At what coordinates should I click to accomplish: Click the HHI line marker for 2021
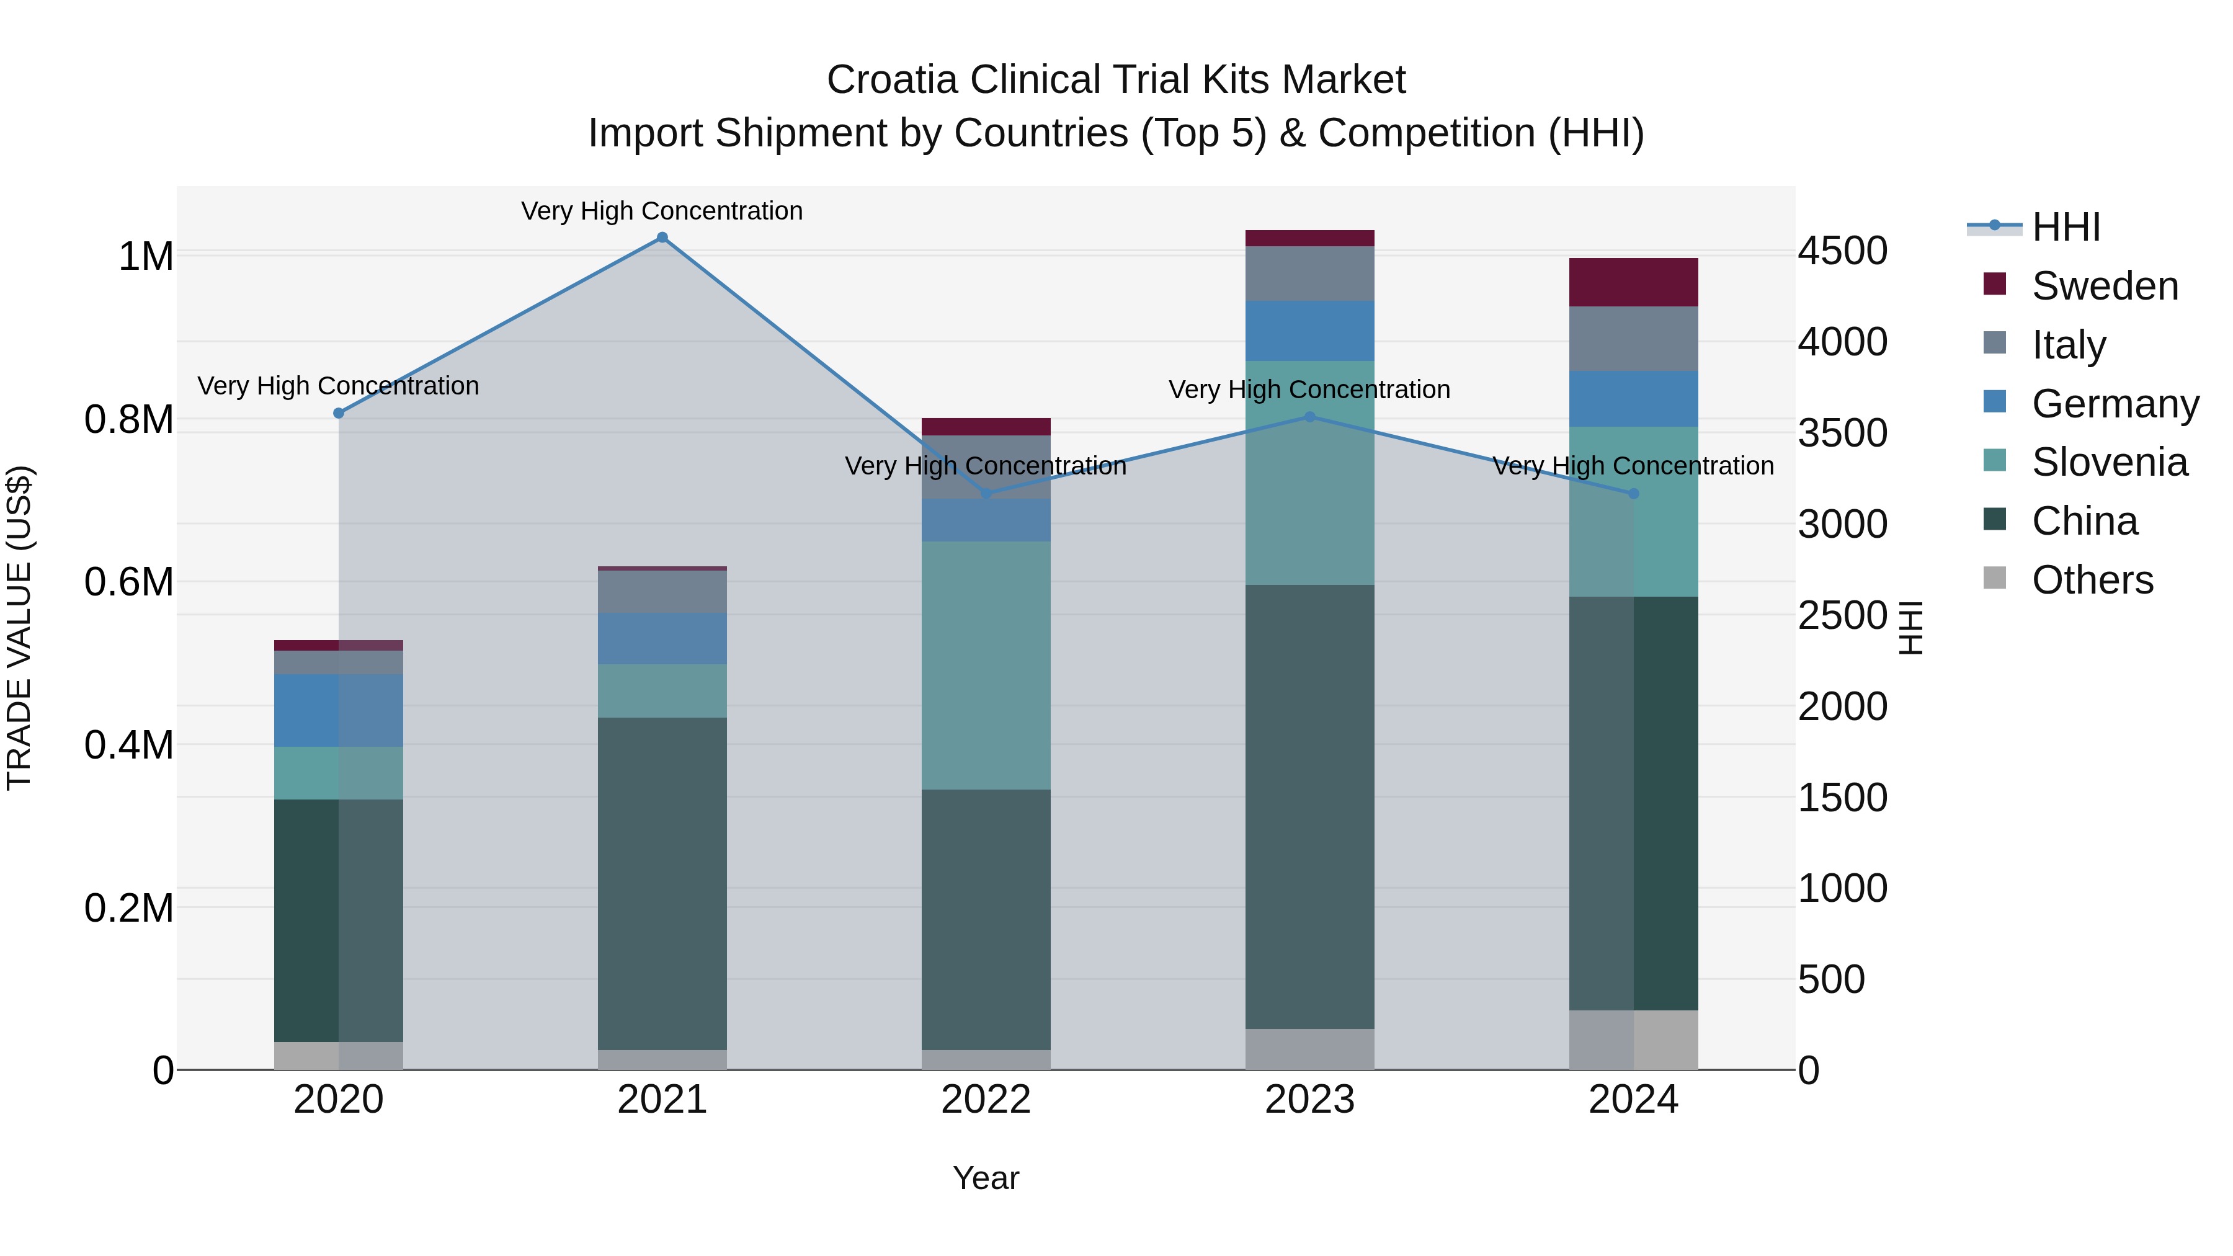tap(662, 238)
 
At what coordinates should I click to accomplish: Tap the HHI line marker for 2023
tap(1310, 417)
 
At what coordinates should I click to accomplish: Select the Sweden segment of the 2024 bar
tap(1633, 283)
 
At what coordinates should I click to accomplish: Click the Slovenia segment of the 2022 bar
tap(986, 665)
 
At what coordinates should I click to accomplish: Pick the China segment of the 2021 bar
tap(662, 883)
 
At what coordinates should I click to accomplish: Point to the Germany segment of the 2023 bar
tap(1310, 331)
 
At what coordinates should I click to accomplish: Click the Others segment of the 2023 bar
tap(1310, 1049)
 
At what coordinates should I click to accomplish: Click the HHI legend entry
tap(2065, 227)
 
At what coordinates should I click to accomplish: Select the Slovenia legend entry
tap(2108, 462)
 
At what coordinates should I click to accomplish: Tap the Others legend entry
tap(2091, 580)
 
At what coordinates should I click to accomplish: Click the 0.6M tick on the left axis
tap(129, 582)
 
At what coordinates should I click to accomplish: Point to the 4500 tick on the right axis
tap(1842, 251)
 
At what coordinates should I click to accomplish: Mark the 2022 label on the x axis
tap(986, 1100)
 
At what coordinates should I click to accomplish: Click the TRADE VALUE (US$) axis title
tap(19, 628)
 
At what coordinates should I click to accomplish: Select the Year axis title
tap(986, 1178)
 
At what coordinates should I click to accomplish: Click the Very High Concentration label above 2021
tap(662, 211)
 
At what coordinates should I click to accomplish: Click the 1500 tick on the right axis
tap(1842, 798)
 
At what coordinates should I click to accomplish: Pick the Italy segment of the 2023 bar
tap(1310, 274)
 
